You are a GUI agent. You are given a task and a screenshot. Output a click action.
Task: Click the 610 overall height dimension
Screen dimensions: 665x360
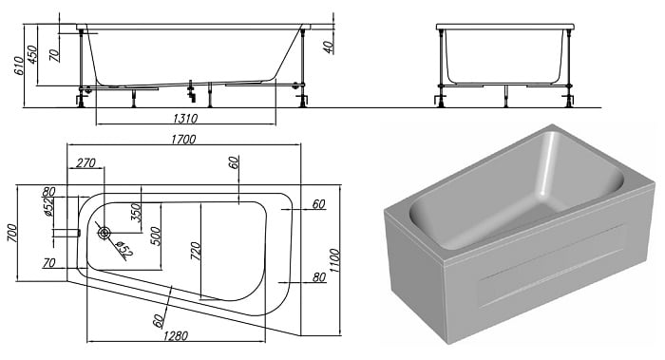pos(20,66)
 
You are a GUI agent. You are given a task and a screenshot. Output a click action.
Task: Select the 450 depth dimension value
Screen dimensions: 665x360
pos(32,54)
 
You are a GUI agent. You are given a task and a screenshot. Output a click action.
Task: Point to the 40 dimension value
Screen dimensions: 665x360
pos(329,47)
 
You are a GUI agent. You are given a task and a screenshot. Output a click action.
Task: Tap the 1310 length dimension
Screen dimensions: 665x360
pos(185,118)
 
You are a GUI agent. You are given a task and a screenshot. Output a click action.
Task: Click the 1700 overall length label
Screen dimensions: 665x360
pos(183,139)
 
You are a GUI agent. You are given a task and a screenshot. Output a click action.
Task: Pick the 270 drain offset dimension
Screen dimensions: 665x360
pos(86,162)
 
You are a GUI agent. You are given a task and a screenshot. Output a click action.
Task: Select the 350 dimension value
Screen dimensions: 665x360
pos(135,212)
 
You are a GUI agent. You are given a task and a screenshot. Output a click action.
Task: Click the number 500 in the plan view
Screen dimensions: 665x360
pos(156,237)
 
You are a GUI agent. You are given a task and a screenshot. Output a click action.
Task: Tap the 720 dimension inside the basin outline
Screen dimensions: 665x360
pos(195,252)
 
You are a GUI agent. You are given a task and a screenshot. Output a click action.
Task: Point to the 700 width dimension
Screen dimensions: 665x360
pos(12,233)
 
